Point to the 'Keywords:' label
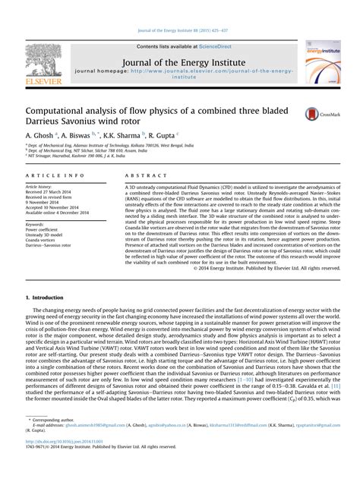click(36, 225)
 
